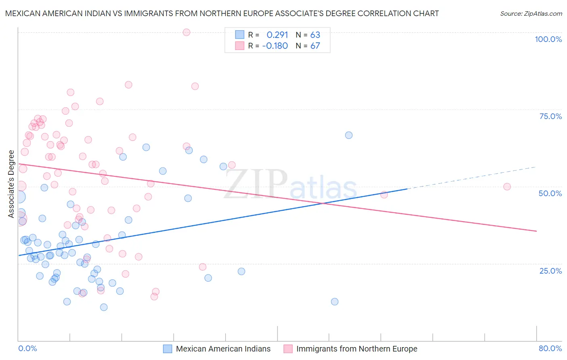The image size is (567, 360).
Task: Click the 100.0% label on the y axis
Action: tap(548, 39)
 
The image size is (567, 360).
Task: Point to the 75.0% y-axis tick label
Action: tap(550, 116)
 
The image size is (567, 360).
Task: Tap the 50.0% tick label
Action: tap(550, 193)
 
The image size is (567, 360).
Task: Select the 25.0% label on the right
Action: tap(550, 270)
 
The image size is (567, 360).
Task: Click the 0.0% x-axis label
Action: tap(27, 348)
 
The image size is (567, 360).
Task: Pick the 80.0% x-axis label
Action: tap(550, 348)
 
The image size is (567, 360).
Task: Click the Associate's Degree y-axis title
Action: tap(11, 184)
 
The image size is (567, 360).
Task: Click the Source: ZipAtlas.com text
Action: tap(531, 13)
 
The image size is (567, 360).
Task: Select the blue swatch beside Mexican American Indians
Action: tap(167, 349)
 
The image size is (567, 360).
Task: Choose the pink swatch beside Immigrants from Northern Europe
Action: tap(288, 349)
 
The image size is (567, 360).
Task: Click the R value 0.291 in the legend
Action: tap(277, 35)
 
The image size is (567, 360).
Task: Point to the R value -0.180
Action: tap(275, 46)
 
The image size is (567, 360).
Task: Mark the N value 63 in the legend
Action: tap(315, 35)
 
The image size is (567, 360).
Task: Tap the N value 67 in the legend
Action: tap(315, 46)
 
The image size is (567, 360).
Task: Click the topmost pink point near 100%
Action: tap(186, 32)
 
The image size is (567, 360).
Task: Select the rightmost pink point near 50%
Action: tap(507, 187)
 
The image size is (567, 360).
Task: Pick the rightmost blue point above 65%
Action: tap(349, 135)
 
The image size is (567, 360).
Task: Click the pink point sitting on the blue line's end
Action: tap(384, 195)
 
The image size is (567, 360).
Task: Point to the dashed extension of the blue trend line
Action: tap(472, 178)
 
